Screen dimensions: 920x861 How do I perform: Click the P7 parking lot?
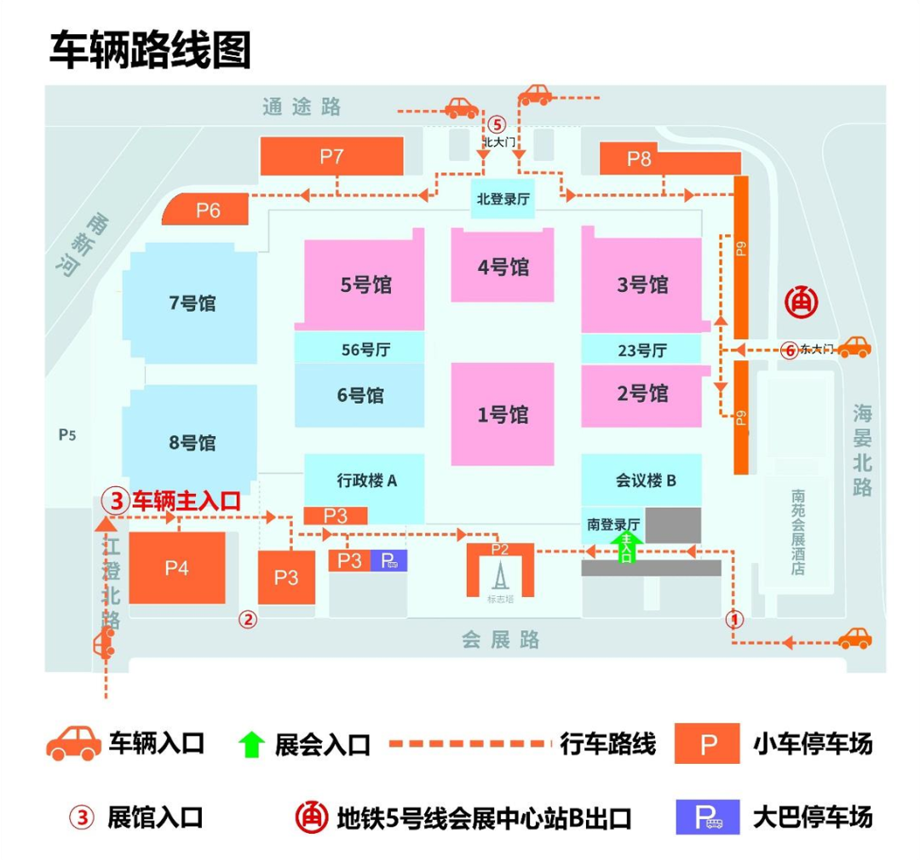331,156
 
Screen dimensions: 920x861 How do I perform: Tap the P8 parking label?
639,158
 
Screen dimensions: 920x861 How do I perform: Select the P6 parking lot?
208,210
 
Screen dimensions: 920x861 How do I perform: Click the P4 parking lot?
177,568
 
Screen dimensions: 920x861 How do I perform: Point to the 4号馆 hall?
503,267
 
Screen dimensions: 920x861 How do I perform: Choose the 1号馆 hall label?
503,415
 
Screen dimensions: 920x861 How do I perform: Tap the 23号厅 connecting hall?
641,349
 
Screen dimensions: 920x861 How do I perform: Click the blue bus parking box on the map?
388,560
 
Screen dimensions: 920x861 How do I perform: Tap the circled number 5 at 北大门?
498,123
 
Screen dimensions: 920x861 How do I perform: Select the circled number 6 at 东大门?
790,349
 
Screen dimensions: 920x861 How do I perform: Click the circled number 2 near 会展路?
248,619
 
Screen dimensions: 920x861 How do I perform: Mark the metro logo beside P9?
801,301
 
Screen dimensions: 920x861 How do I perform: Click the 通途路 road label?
302,106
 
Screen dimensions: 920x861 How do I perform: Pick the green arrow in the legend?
251,744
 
